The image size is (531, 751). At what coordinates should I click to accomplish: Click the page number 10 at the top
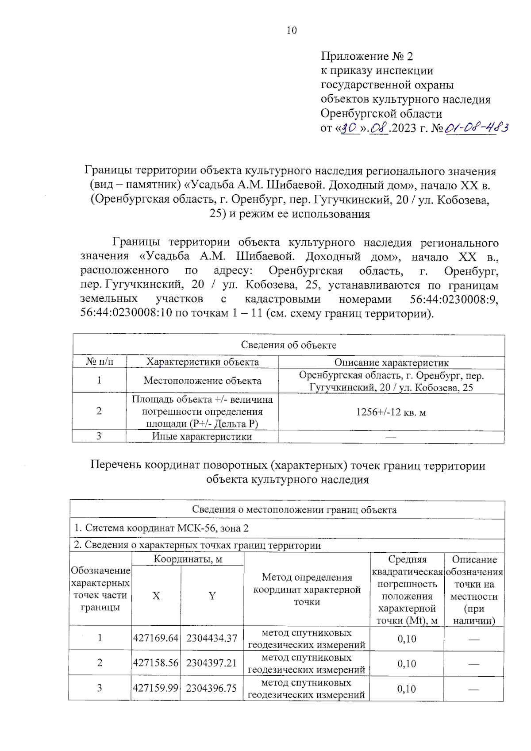(x=292, y=31)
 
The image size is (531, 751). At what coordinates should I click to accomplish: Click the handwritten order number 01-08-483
(x=477, y=128)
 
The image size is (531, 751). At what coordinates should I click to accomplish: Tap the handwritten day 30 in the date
(x=350, y=128)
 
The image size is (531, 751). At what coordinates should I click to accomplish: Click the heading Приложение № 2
(x=367, y=56)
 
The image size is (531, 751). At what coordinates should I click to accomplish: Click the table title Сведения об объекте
(x=289, y=345)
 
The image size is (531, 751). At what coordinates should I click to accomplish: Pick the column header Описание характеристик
(x=391, y=362)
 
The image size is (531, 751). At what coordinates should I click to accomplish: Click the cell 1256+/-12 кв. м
(x=391, y=412)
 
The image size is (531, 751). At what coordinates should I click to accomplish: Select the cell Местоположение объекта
(x=202, y=381)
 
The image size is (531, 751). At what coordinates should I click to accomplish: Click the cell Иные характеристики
(x=202, y=436)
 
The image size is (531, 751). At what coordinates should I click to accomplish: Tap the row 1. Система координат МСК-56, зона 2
(x=162, y=528)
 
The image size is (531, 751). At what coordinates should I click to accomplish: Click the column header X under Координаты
(x=156, y=596)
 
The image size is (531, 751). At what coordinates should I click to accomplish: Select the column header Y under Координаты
(x=212, y=596)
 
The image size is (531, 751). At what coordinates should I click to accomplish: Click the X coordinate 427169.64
(x=156, y=638)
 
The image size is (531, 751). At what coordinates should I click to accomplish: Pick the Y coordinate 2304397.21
(x=212, y=663)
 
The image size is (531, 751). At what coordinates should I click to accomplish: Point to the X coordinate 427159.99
(x=156, y=688)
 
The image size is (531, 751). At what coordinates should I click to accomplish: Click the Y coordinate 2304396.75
(x=212, y=688)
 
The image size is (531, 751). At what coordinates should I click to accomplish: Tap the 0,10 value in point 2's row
(x=407, y=663)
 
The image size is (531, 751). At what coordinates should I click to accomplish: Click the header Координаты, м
(x=188, y=559)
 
